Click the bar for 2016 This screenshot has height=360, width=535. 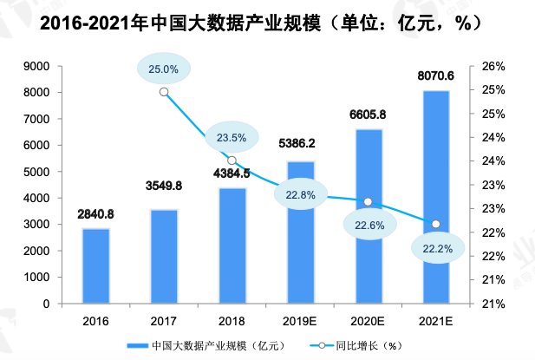(96, 266)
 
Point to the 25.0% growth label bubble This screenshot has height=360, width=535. (164, 69)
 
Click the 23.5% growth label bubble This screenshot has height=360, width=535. (232, 137)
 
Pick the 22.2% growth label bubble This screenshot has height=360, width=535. (436, 248)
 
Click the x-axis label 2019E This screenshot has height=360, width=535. (299, 322)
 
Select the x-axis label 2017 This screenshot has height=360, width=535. (164, 322)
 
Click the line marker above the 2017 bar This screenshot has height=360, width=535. (164, 91)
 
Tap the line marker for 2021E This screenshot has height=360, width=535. (436, 225)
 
